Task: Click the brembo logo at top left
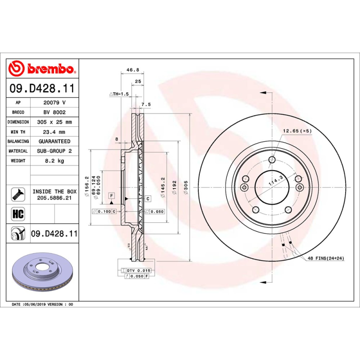[x=41, y=69]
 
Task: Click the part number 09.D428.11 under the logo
[x=42, y=88]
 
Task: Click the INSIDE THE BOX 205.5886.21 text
[x=54, y=194]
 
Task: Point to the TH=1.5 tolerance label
[x=119, y=94]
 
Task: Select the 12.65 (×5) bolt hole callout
[x=297, y=131]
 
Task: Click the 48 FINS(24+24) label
[x=326, y=258]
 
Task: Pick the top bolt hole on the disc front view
[x=271, y=160]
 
